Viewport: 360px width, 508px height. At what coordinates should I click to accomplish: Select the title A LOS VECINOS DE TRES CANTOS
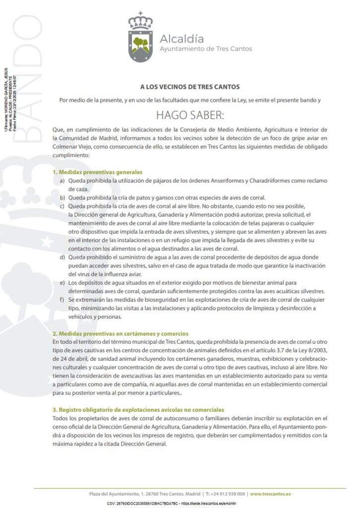tap(183, 86)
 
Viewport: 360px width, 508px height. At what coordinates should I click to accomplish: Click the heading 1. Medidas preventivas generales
tap(94, 172)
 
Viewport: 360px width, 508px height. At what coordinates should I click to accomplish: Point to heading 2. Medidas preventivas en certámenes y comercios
tap(120, 333)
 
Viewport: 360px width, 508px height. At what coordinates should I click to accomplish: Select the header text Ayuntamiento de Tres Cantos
tap(205, 49)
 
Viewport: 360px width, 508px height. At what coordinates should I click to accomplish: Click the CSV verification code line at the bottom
tap(171, 503)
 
